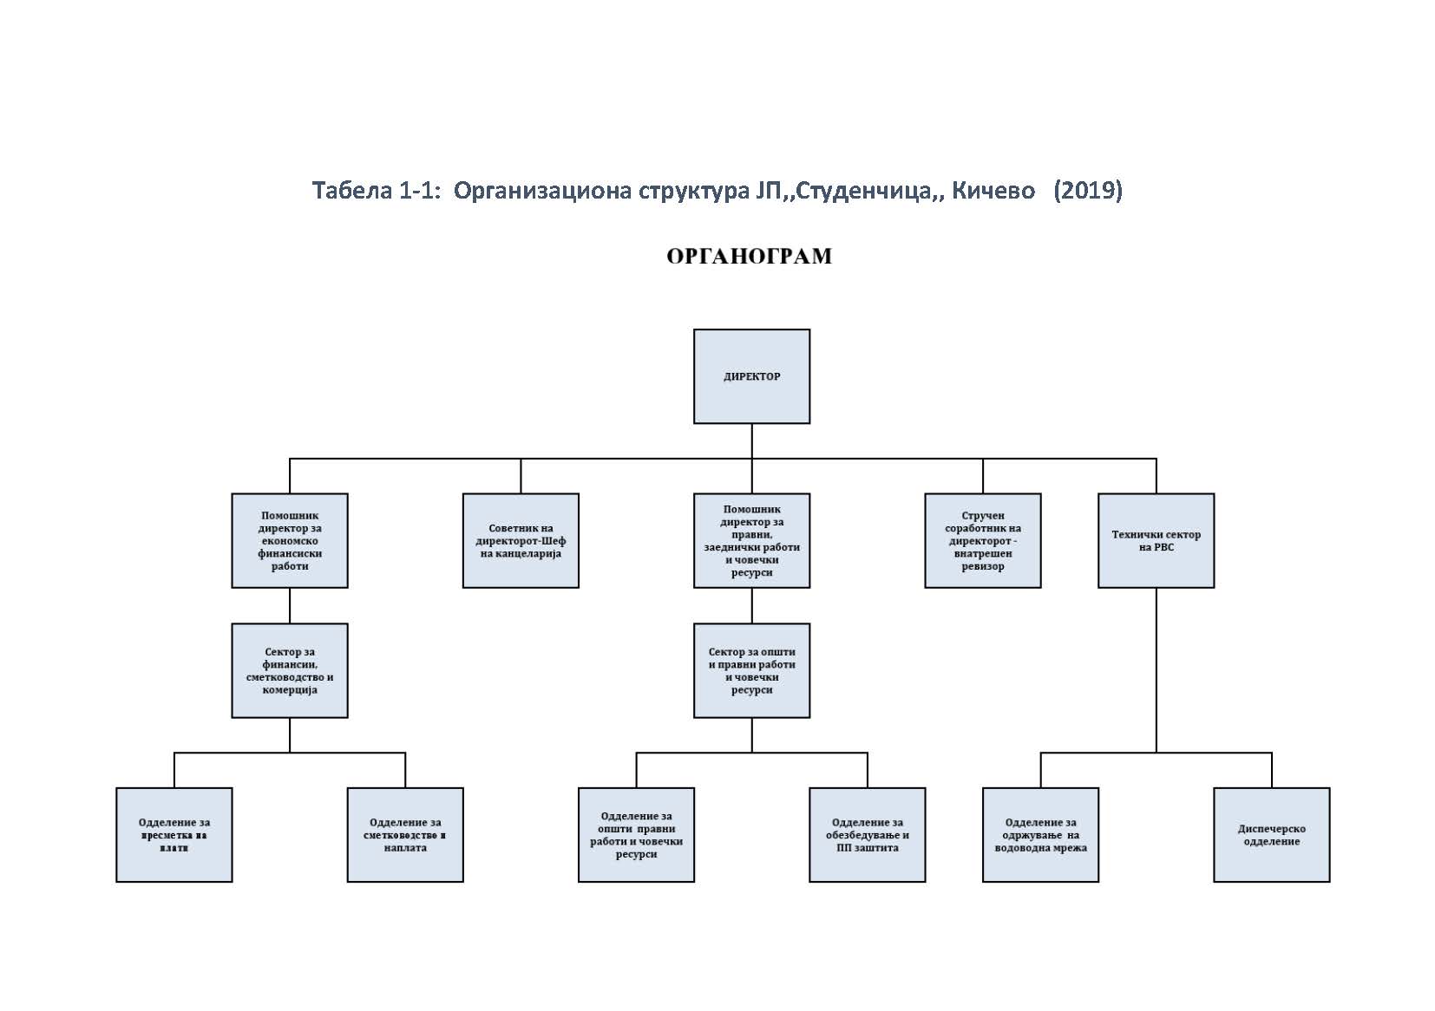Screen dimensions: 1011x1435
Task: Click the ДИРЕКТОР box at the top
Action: (x=751, y=376)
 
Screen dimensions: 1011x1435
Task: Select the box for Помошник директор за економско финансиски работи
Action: (x=290, y=540)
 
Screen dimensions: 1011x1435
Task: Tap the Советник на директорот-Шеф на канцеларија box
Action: (x=521, y=540)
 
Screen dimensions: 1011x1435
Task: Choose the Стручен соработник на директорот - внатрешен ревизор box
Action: (x=982, y=540)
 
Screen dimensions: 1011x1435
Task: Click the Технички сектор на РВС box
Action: (x=1156, y=540)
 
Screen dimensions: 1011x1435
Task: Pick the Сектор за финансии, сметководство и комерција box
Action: (x=290, y=670)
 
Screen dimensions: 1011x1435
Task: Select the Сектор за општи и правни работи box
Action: (x=751, y=670)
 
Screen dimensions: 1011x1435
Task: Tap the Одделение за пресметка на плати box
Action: (x=174, y=834)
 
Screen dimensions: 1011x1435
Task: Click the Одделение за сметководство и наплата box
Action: (x=405, y=834)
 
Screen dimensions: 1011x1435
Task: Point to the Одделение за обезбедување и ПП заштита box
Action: (x=867, y=834)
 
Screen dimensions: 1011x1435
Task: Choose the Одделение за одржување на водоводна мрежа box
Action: (x=1040, y=834)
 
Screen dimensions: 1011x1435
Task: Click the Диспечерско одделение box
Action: (x=1271, y=834)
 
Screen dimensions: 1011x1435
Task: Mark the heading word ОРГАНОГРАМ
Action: (x=749, y=256)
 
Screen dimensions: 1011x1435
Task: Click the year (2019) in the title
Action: (x=1087, y=190)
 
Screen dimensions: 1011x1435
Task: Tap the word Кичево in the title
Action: (x=993, y=190)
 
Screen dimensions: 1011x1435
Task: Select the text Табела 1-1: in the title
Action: (x=377, y=190)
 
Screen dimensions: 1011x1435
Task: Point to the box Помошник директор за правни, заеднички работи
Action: (x=751, y=540)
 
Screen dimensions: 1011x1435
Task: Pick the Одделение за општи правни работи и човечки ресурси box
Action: (x=636, y=834)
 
